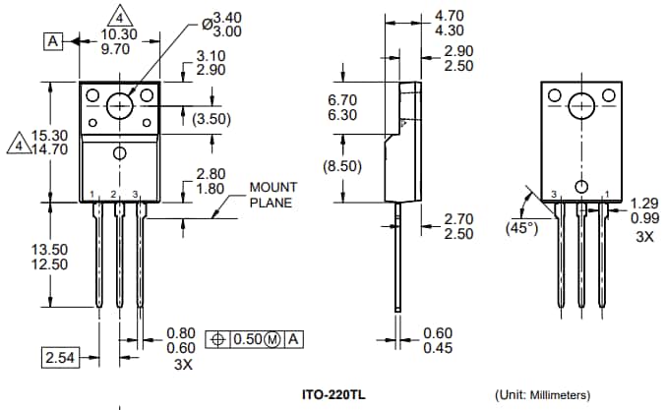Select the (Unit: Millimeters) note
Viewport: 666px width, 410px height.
click(542, 394)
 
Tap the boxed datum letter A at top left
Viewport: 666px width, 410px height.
click(52, 40)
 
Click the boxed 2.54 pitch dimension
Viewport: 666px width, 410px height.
click(60, 358)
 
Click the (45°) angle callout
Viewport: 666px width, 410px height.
click(521, 227)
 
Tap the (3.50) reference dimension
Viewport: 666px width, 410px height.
click(211, 118)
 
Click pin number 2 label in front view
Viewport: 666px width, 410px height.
click(114, 194)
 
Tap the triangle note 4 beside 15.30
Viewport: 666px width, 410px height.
click(17, 146)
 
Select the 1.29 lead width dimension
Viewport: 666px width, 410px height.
click(643, 202)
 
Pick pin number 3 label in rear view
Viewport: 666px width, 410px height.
click(554, 194)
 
